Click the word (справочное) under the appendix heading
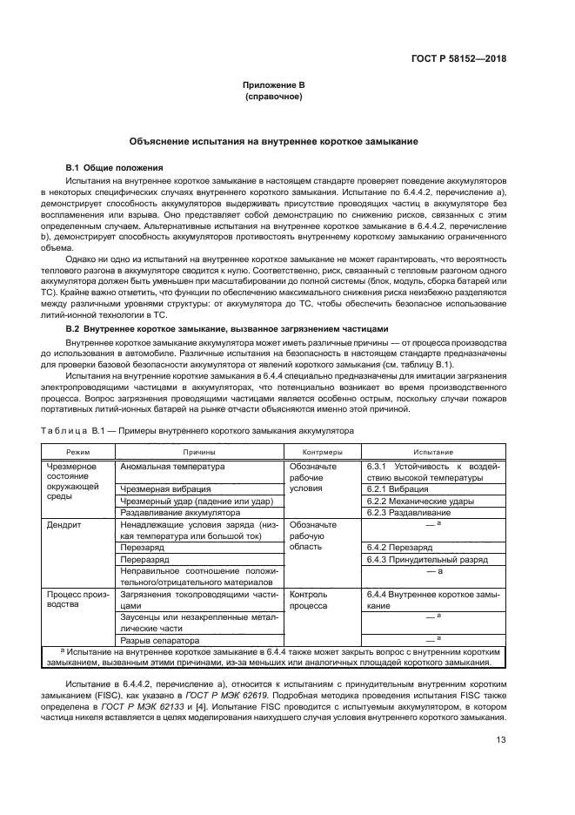click(x=273, y=97)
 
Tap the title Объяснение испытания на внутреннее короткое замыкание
click(x=273, y=141)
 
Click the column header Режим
click(x=78, y=453)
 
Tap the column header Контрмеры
click(x=321, y=453)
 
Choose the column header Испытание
click(x=432, y=453)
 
